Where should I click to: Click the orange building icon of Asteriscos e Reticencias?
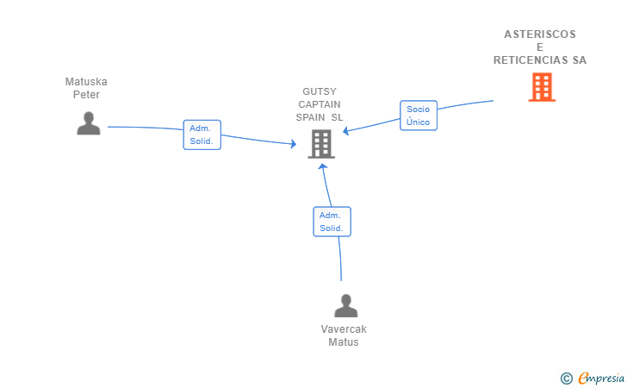[x=542, y=87]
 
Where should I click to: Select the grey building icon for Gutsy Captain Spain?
[x=321, y=144]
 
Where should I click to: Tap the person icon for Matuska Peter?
[x=89, y=123]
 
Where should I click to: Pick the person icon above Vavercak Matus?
[x=346, y=306]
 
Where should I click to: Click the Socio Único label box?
[x=419, y=116]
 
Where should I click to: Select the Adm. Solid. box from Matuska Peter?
[x=202, y=135]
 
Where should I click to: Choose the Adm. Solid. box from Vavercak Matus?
[x=332, y=222]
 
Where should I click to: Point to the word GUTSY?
[x=320, y=91]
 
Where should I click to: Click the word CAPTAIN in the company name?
[x=320, y=104]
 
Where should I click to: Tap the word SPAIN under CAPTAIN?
[x=310, y=117]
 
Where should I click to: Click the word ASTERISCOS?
[x=540, y=34]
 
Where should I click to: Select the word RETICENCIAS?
[x=531, y=60]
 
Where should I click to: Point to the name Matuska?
[x=86, y=82]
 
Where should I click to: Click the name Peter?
[x=86, y=95]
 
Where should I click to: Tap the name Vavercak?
[x=344, y=329]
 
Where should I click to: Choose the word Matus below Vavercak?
[x=344, y=342]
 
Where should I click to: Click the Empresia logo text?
[x=601, y=378]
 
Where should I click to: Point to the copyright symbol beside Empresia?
[x=567, y=379]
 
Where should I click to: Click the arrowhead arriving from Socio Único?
[x=346, y=131]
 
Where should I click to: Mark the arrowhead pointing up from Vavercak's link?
[x=323, y=166]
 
